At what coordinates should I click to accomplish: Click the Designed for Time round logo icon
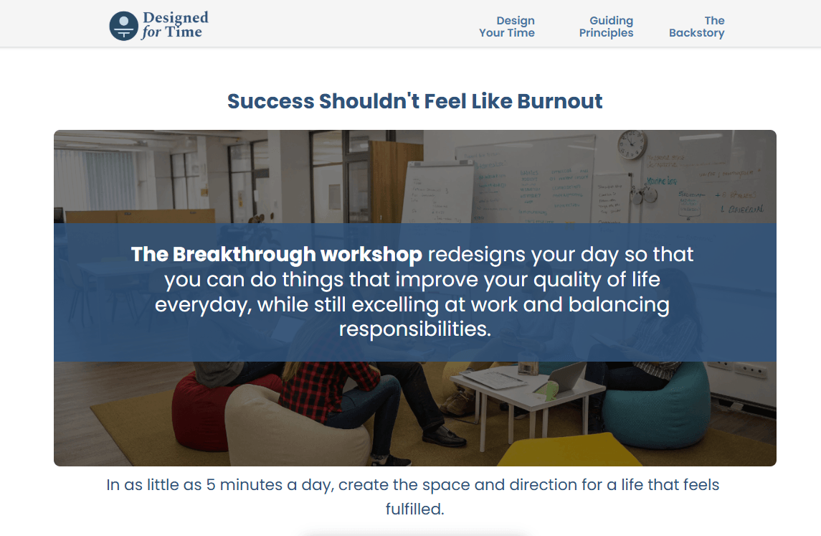(123, 27)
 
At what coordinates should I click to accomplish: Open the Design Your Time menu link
(507, 27)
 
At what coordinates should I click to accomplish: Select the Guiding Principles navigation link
(606, 27)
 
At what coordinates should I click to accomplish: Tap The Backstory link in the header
(696, 27)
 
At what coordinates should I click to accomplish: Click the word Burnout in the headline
(560, 101)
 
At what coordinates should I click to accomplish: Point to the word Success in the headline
(270, 101)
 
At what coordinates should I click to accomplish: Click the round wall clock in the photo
(632, 144)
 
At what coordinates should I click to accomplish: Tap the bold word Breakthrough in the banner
(244, 255)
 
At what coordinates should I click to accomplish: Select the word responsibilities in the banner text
(415, 329)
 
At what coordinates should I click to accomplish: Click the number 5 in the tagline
(211, 485)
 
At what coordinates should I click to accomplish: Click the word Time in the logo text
(184, 32)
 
